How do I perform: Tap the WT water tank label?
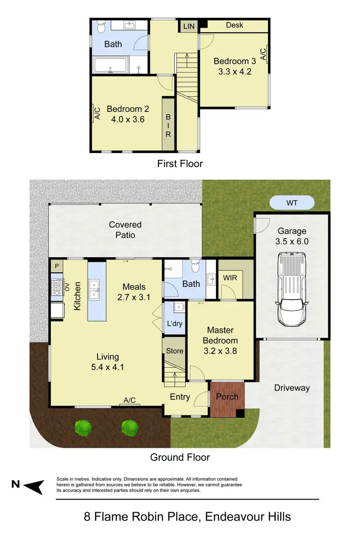coord(292,203)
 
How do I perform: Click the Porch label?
coord(227,397)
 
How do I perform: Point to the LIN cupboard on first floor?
coord(189,26)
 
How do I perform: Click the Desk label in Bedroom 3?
coord(235,25)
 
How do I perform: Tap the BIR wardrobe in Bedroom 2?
coord(168,125)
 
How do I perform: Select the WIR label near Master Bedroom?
coord(229,278)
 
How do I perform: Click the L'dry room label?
coord(175,324)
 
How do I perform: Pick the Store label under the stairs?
coord(175,351)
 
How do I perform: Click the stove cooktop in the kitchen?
coord(57,287)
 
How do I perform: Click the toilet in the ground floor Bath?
coord(195,265)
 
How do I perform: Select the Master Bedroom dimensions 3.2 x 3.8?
coord(220,351)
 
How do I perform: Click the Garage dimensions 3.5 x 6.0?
coord(292,241)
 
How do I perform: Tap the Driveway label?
coord(292,388)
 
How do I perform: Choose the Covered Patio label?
coord(125,229)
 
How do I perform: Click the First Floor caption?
coord(180,164)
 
